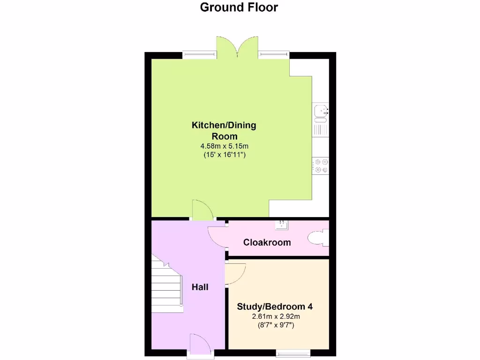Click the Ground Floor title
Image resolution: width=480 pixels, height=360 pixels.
pos(239,7)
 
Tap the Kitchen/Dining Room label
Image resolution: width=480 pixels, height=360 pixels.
pos(224,131)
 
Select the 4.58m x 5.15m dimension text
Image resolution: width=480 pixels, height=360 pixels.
pos(224,146)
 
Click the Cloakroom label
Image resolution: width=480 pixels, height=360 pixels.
pos(267,242)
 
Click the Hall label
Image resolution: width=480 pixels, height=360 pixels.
pos(200,287)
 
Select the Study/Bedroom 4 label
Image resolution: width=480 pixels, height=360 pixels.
pos(275,307)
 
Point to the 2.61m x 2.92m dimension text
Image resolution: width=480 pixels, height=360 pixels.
pos(275,317)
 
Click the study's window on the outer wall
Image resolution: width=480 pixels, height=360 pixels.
pos(293,353)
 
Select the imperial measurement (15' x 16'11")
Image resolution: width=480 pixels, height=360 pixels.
pos(224,154)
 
